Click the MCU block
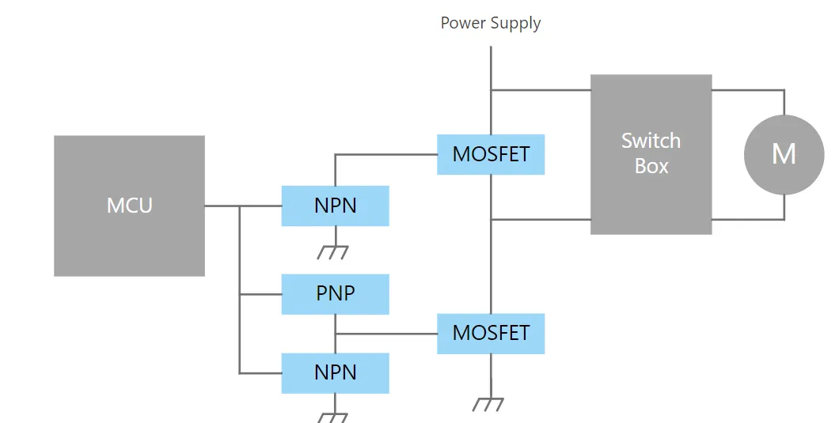(x=129, y=206)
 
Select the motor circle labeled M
(x=784, y=153)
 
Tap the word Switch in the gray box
(x=651, y=141)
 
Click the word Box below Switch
(x=651, y=166)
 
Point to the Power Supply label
(x=491, y=22)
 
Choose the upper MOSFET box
(x=491, y=154)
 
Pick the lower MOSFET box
(x=491, y=333)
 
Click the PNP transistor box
(x=335, y=293)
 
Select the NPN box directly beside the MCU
(x=335, y=206)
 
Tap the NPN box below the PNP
(x=335, y=372)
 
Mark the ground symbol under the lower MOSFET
(x=490, y=404)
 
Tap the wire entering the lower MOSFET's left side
(x=388, y=333)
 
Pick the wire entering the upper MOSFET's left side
(x=388, y=154)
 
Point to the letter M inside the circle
(x=784, y=153)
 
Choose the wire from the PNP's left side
(x=260, y=293)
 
